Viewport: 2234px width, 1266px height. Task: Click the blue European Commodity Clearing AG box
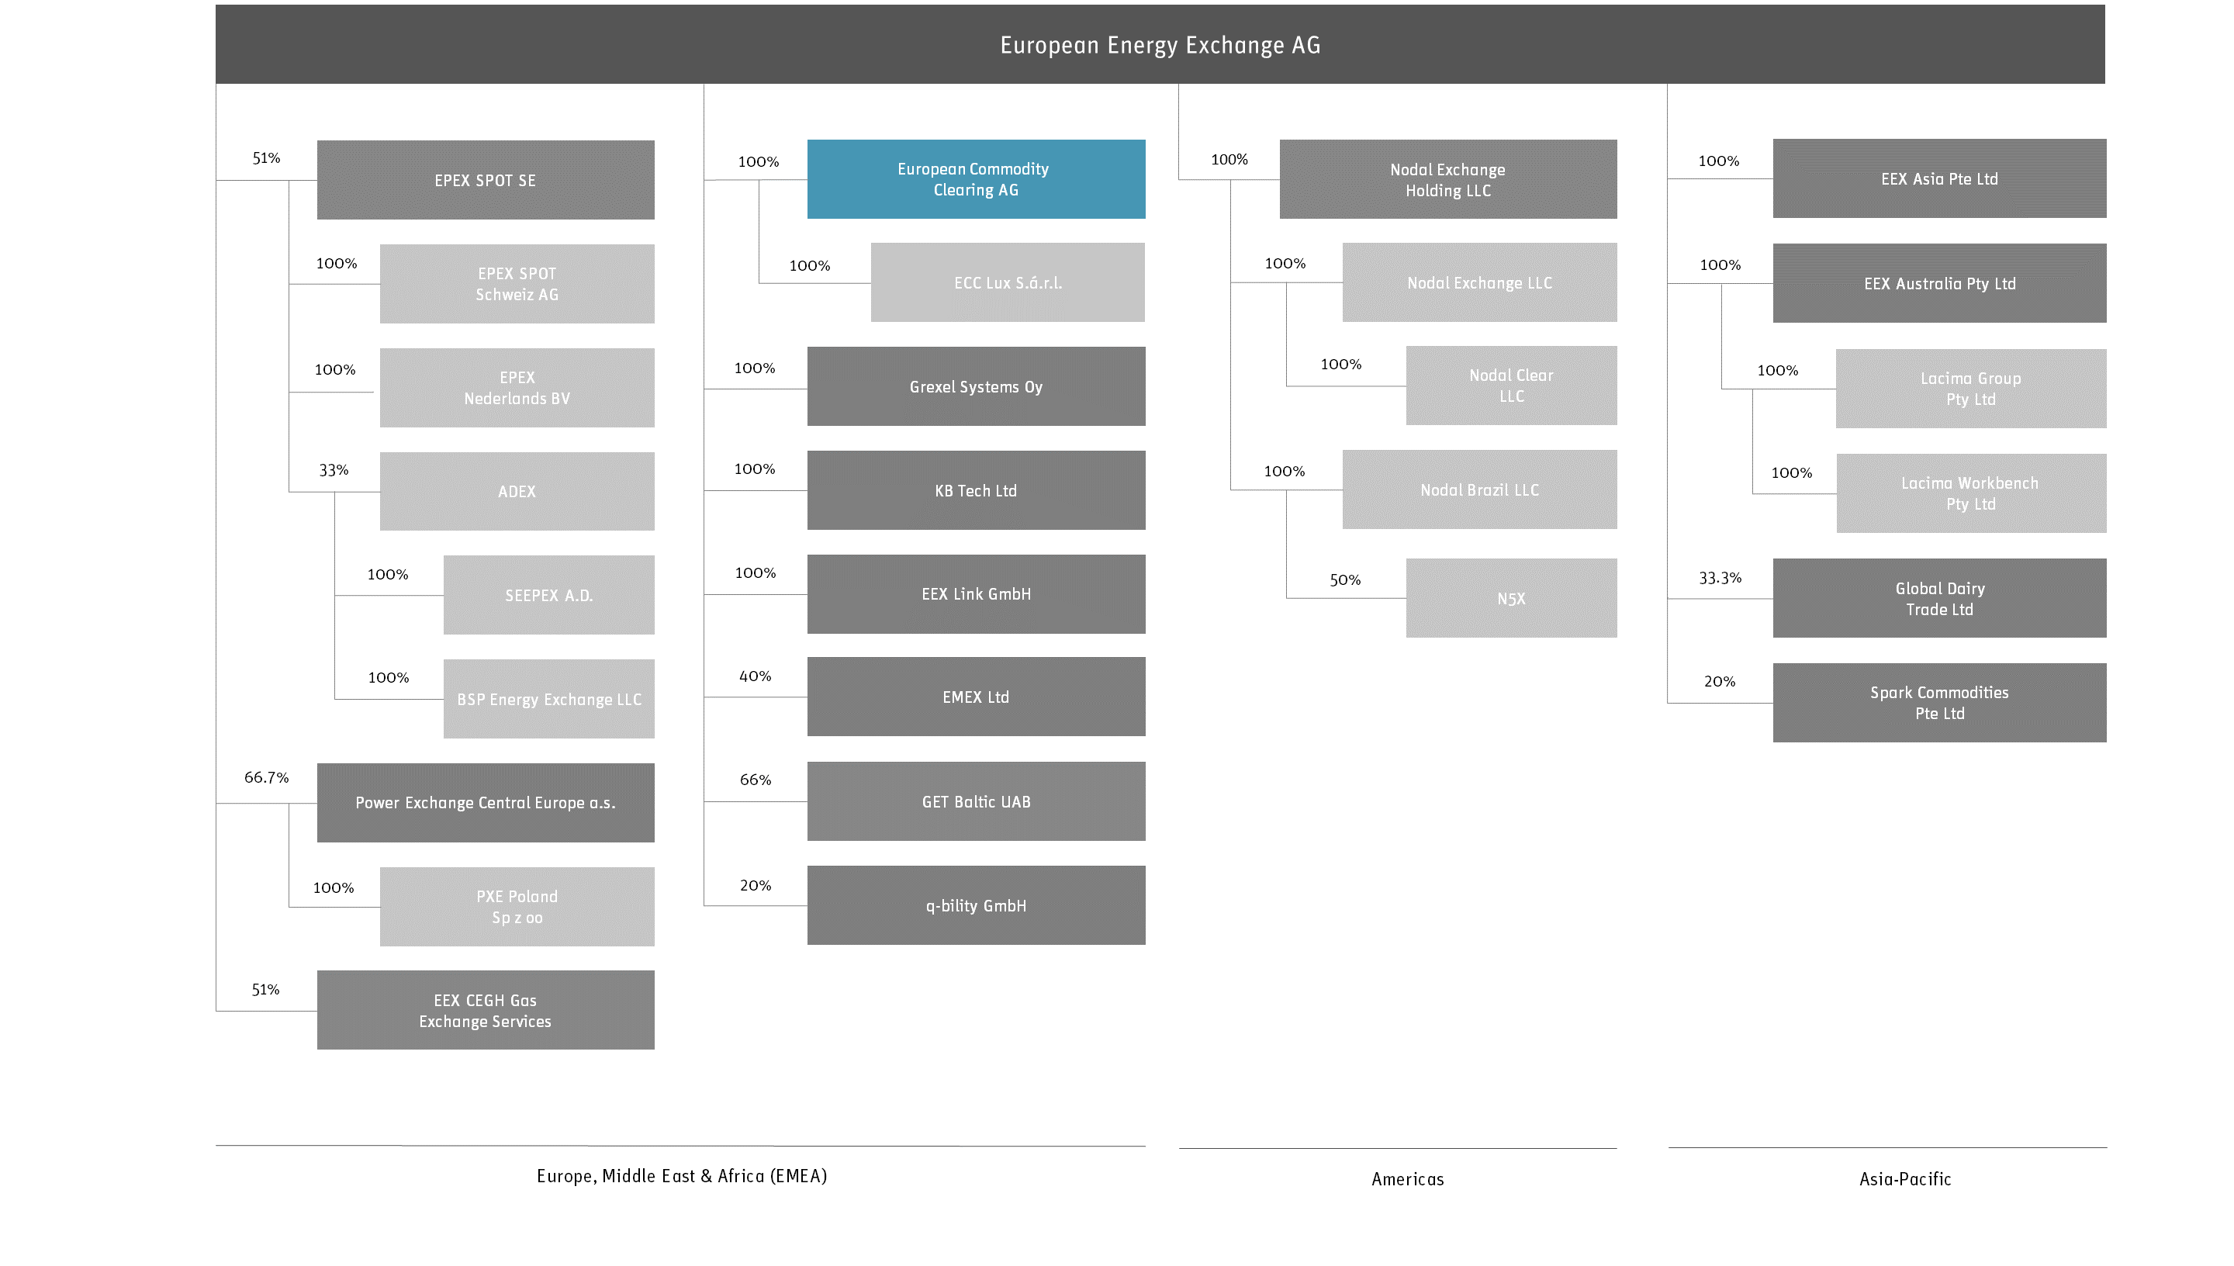(x=976, y=179)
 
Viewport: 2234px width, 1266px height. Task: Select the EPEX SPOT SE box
(x=485, y=180)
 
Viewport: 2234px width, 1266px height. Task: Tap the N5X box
(x=1512, y=598)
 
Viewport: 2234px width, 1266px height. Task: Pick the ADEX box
(x=517, y=491)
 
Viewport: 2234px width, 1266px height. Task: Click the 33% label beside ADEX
(x=334, y=470)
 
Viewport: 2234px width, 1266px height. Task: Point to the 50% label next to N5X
(x=1346, y=580)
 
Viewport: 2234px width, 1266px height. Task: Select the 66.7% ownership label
(x=266, y=777)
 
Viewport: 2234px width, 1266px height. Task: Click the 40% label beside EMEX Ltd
(x=756, y=676)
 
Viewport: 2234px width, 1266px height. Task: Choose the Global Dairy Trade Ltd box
(x=1939, y=598)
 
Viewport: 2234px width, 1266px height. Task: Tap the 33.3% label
(x=1720, y=578)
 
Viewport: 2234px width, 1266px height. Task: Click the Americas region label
(x=1408, y=1179)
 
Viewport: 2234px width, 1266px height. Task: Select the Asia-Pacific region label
(x=1905, y=1179)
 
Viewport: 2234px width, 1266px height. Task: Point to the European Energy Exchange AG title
(x=1160, y=45)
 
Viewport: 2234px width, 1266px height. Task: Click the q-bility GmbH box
(x=976, y=905)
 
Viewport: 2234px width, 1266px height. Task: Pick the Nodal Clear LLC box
(x=1512, y=386)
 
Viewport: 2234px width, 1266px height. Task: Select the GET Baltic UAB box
(x=976, y=801)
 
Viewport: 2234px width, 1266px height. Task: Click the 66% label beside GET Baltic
(x=756, y=780)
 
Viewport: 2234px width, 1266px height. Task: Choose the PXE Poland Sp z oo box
(x=517, y=907)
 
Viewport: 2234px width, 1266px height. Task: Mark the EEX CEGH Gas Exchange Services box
(x=485, y=1010)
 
